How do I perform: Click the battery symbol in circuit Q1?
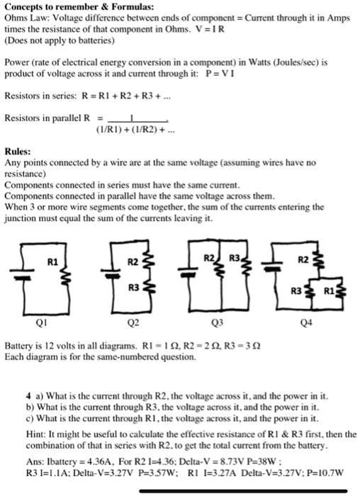tap(26, 276)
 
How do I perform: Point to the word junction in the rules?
tap(19, 219)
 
